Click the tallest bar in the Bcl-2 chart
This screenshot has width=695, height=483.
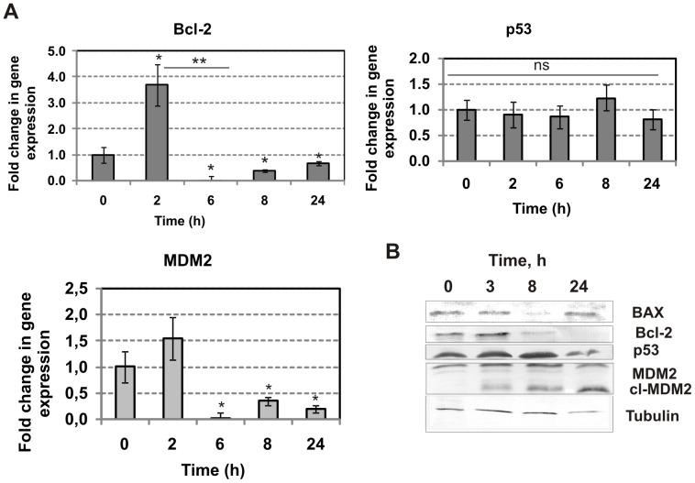[158, 132]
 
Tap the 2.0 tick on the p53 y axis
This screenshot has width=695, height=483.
[421, 58]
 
